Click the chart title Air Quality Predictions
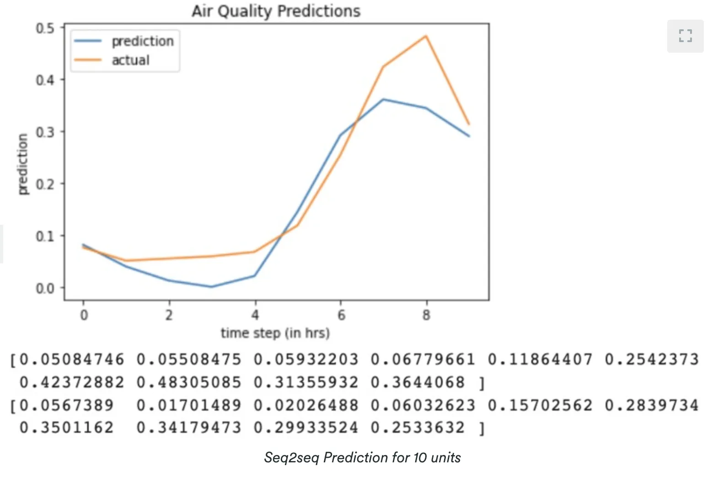click(276, 11)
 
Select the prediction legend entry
click(124, 41)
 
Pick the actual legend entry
click(112, 60)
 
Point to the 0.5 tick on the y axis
click(45, 28)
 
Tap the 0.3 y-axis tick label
click(45, 132)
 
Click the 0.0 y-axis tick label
click(45, 288)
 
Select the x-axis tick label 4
click(255, 315)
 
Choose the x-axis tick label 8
click(426, 315)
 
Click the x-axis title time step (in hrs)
click(275, 333)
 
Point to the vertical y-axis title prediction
click(22, 164)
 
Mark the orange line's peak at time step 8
click(426, 36)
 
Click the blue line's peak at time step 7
click(383, 99)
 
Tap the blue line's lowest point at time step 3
click(212, 287)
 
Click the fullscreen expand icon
click(686, 36)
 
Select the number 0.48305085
click(189, 382)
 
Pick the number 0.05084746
click(72, 359)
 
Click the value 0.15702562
click(540, 405)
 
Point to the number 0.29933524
click(306, 428)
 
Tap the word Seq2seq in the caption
click(291, 458)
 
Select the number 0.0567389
click(67, 405)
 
